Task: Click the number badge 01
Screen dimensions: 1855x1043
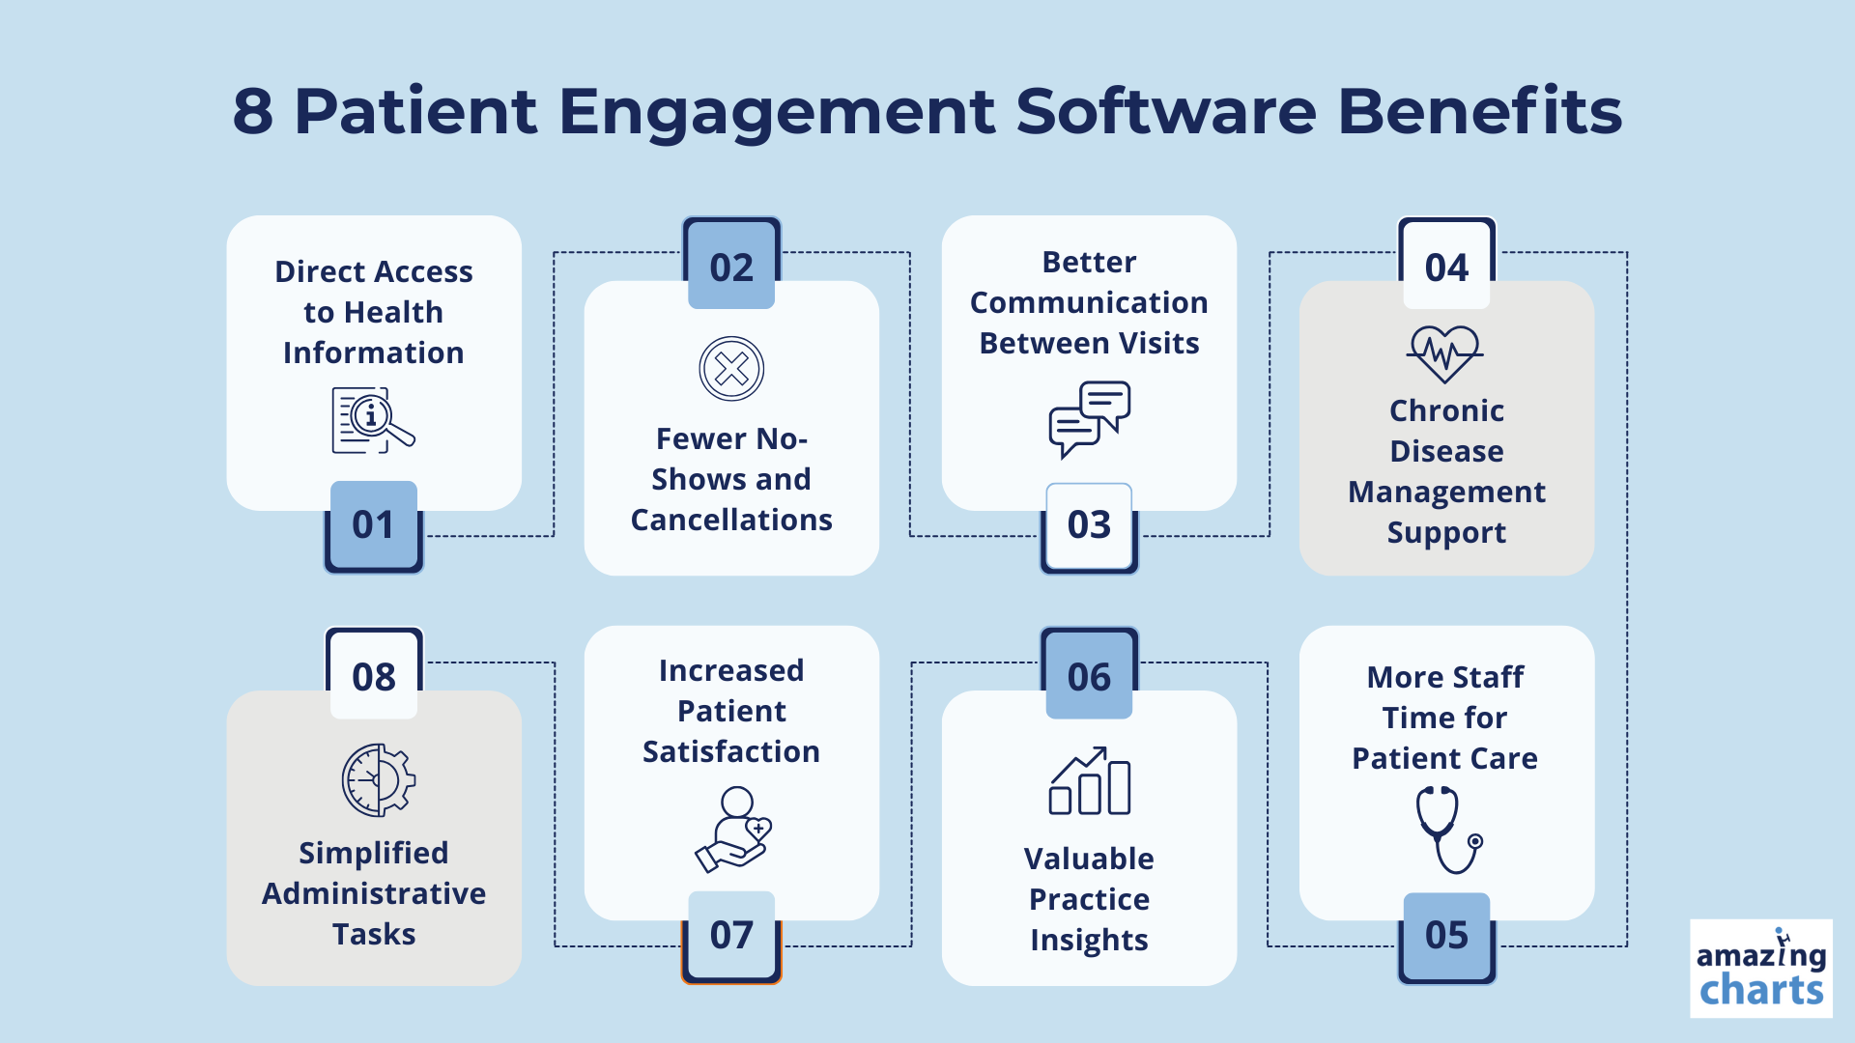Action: click(374, 526)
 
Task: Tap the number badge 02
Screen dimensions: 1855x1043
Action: click(731, 264)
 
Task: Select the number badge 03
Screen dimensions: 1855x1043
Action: click(1089, 527)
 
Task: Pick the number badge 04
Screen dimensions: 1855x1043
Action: click(1446, 264)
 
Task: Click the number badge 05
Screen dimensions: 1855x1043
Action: click(1446, 938)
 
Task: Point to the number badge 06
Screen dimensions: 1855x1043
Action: click(1089, 673)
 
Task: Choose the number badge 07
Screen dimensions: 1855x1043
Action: click(731, 938)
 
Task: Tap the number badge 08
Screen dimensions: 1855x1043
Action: click(374, 673)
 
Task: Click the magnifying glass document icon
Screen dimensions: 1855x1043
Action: click(373, 421)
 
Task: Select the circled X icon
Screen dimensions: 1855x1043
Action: click(731, 369)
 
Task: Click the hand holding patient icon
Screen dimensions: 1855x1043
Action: click(734, 829)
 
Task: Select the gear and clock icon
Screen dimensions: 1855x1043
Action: click(379, 780)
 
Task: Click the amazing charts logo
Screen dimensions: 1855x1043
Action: click(1761, 969)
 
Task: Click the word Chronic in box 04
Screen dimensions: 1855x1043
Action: click(1446, 410)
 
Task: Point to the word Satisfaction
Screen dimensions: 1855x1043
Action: click(731, 751)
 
